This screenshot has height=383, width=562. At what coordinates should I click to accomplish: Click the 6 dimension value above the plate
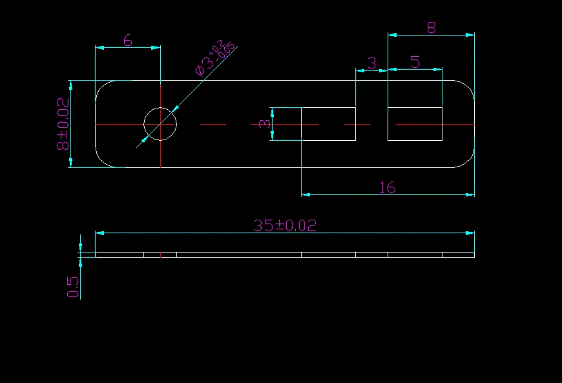coord(127,40)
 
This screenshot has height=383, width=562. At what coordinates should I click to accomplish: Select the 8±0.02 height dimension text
coord(63,124)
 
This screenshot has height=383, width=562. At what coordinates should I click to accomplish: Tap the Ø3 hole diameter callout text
coord(216,58)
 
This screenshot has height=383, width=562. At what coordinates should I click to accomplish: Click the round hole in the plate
coord(160,124)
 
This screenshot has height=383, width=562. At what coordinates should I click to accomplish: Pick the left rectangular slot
coord(328,124)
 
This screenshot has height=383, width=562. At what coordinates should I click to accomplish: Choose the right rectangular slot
coord(415,124)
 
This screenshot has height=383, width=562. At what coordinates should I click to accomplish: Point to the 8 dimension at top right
coord(432,27)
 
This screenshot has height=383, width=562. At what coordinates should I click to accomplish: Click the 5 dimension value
coord(415,62)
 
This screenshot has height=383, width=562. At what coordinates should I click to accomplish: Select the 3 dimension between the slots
coord(371,63)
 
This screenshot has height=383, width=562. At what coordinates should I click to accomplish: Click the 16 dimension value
coord(387,187)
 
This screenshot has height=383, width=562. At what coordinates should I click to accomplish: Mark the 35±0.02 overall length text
coord(285,225)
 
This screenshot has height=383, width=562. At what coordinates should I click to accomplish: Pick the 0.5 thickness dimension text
coord(72,287)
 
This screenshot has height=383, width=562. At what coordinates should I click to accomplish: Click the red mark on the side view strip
coord(160,254)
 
